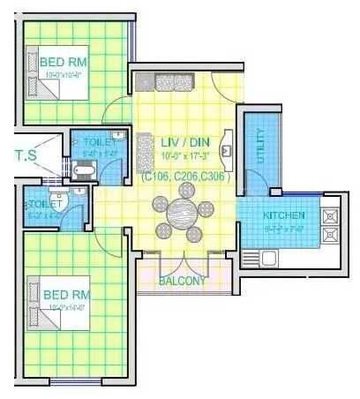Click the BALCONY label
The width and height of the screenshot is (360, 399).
click(x=182, y=282)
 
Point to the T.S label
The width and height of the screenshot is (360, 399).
click(x=26, y=155)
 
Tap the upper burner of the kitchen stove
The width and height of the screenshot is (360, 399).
click(x=331, y=215)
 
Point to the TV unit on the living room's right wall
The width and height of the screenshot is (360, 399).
click(x=227, y=147)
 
